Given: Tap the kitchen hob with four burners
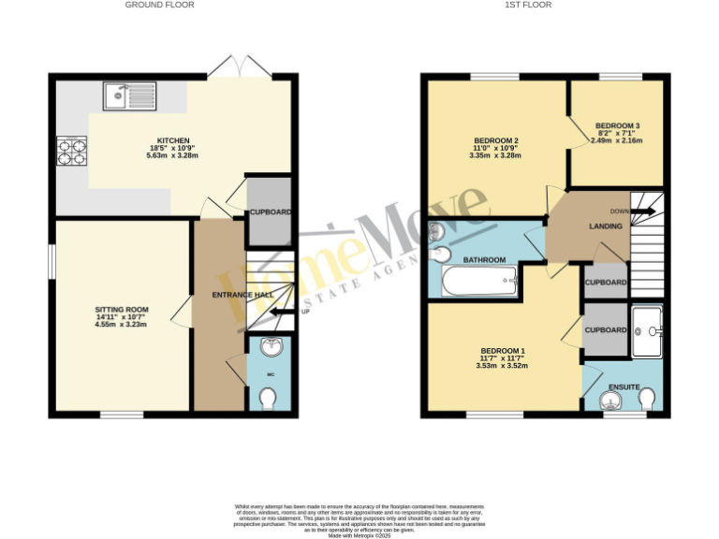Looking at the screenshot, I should [x=70, y=151].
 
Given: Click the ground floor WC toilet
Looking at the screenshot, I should [x=270, y=399].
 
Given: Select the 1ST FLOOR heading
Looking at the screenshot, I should [x=530, y=5].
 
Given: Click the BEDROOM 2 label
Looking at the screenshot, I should [x=496, y=141].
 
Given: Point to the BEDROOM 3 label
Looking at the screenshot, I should [x=617, y=126].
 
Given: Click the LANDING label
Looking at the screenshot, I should [x=606, y=226].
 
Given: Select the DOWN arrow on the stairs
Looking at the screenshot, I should [x=644, y=211].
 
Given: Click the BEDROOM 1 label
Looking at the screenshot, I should [x=504, y=351].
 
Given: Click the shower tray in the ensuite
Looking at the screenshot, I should [x=647, y=331].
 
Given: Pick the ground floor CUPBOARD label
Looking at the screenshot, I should [x=269, y=212].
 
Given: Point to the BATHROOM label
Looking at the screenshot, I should [x=485, y=259].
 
